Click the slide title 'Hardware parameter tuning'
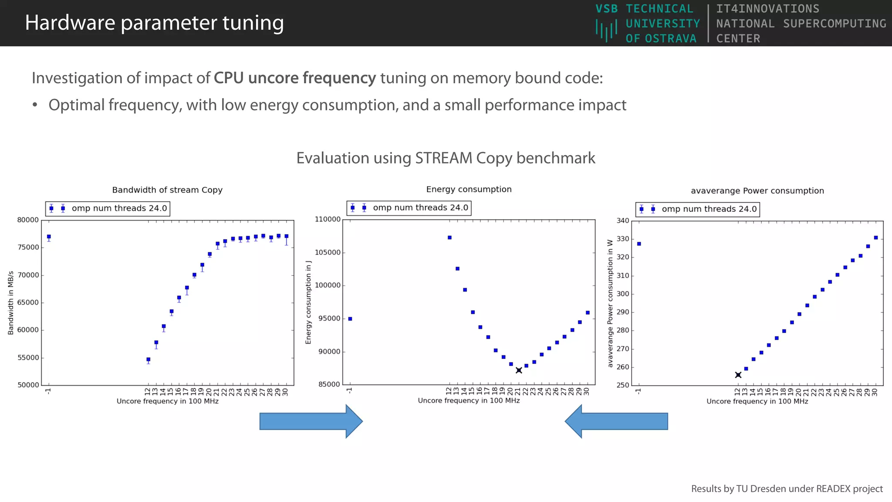[x=154, y=23]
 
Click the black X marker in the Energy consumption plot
[x=519, y=370]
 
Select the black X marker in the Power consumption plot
[x=738, y=375]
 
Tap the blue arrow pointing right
[x=311, y=421]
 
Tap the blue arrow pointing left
[x=616, y=421]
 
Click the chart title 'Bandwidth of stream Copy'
[x=167, y=190]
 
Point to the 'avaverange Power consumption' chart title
[x=757, y=191]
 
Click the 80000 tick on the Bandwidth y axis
[x=28, y=220]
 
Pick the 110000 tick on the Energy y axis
[x=328, y=220]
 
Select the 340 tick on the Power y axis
[x=623, y=221]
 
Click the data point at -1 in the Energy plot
[x=350, y=319]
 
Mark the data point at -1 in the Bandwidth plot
[x=49, y=237]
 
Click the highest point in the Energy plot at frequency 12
[x=449, y=237]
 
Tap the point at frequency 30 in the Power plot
[x=876, y=238]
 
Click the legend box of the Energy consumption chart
[x=409, y=208]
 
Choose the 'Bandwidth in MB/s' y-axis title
[x=11, y=303]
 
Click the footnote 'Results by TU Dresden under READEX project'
[x=787, y=489]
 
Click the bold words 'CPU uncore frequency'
[x=294, y=78]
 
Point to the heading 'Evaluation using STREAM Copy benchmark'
[x=446, y=158]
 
